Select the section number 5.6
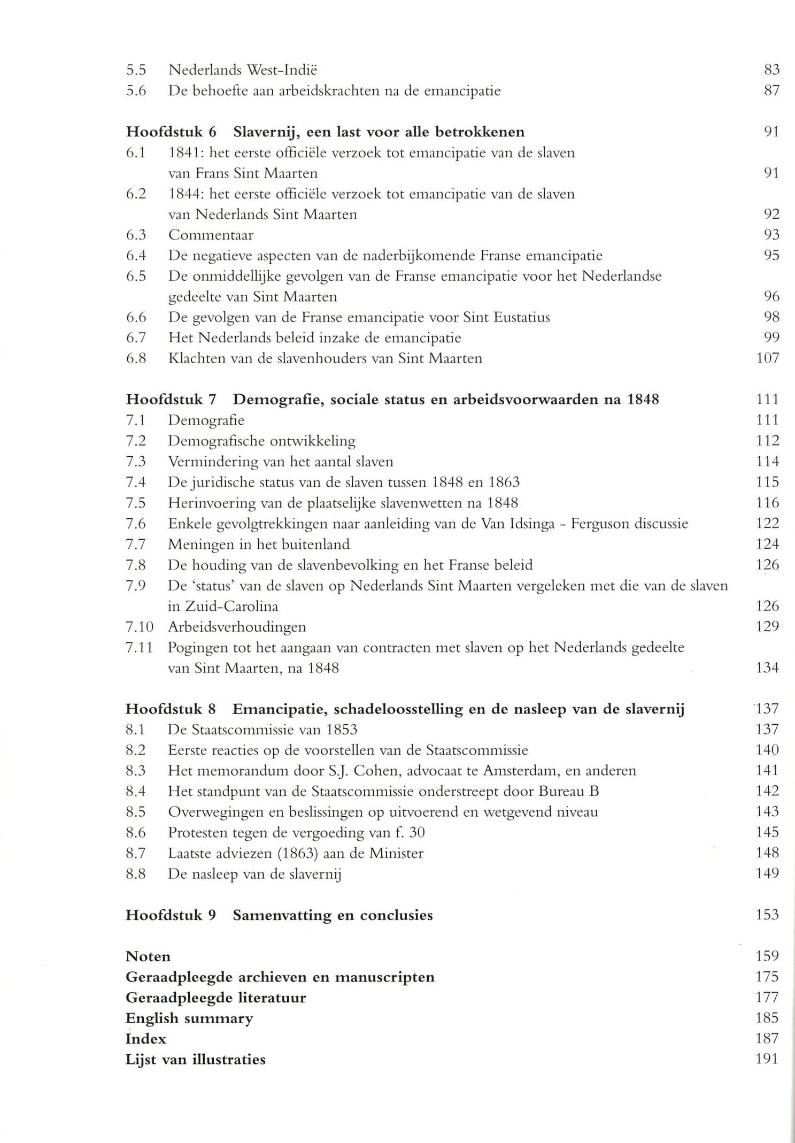(x=136, y=91)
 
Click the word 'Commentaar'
(x=211, y=235)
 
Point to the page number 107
(x=768, y=358)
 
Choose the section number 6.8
(x=136, y=358)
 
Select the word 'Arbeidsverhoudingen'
(x=237, y=627)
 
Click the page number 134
(x=768, y=668)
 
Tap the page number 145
(x=768, y=832)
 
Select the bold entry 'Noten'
(x=148, y=956)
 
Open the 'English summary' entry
(x=189, y=1018)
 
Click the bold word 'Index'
(x=146, y=1039)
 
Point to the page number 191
(x=768, y=1059)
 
